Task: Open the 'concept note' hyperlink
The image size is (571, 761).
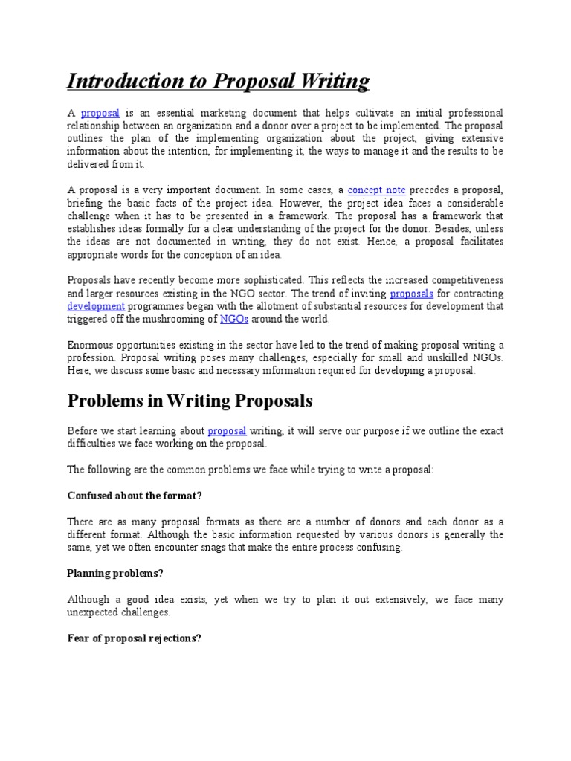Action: pos(376,190)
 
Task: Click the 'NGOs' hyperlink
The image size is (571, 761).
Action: pos(234,319)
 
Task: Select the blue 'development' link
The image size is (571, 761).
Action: pos(96,306)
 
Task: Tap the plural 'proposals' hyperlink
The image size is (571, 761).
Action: pos(411,294)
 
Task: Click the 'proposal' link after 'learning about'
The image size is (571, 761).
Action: pos(227,430)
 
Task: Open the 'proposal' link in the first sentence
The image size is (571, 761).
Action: pos(100,113)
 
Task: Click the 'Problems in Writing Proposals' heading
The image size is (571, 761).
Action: pos(190,401)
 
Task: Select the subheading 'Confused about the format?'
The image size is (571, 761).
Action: pos(135,496)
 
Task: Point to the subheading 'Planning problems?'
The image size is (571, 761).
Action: pos(114,573)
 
